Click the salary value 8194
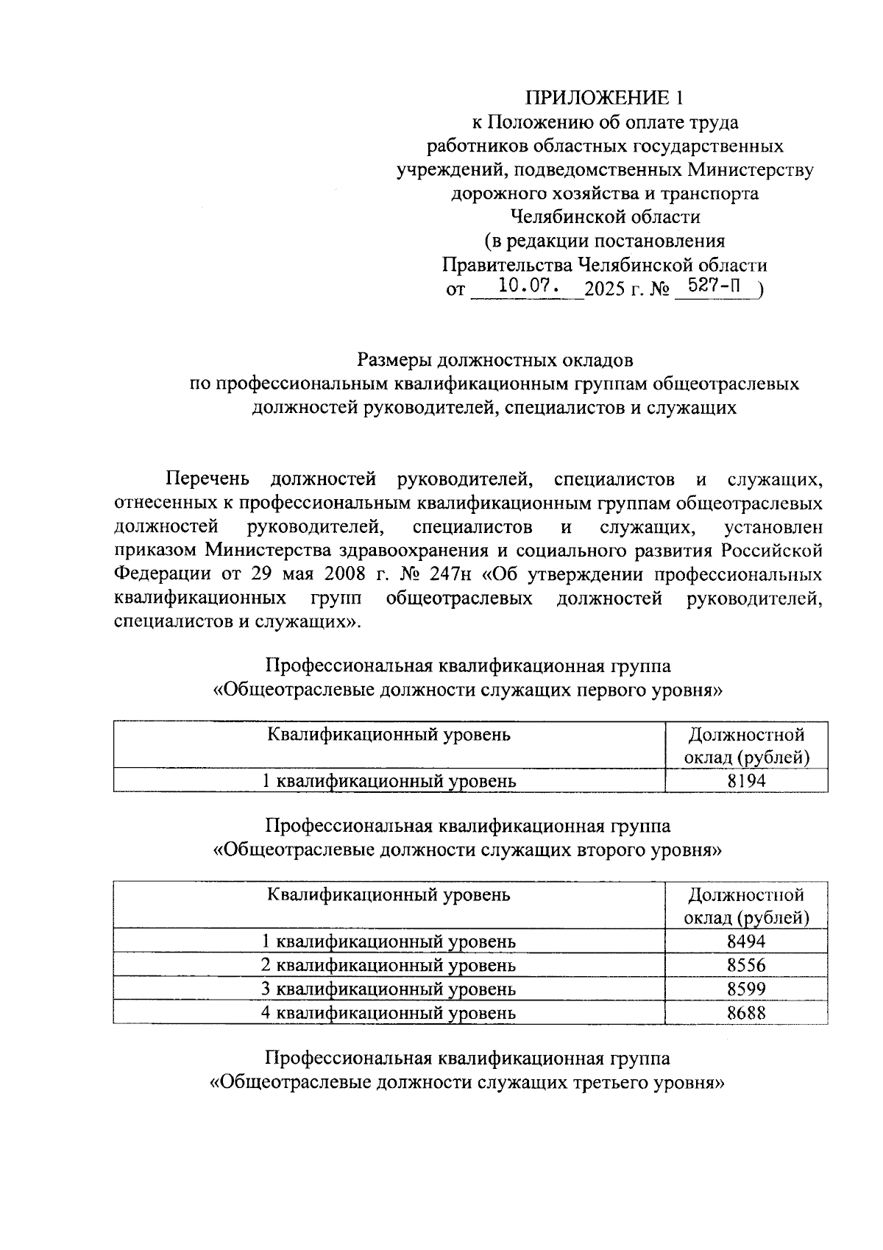tap(746, 781)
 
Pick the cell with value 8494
tap(746, 942)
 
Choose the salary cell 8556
tap(746, 965)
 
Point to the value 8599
tap(746, 989)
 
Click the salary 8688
tap(746, 1012)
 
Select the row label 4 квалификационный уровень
tap(389, 1012)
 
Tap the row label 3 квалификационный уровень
tap(389, 989)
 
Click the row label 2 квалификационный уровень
tap(389, 965)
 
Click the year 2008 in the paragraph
tap(340, 574)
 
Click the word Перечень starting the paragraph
tap(208, 480)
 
